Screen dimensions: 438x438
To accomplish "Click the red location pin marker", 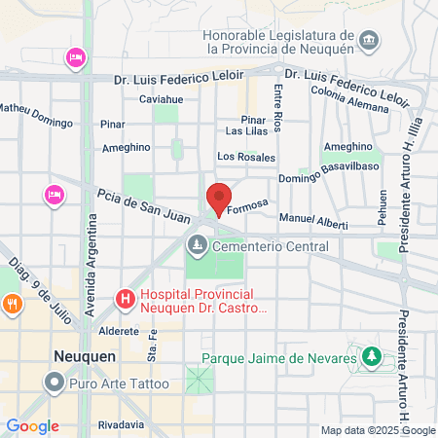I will (x=219, y=198).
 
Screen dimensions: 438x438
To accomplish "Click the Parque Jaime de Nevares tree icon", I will (x=370, y=357).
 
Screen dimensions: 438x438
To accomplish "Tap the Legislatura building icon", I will (x=369, y=41).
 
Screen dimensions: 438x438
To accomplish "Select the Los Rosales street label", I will (x=246, y=157).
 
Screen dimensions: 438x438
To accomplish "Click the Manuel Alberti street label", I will (x=312, y=221).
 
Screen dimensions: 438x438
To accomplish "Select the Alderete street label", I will (x=119, y=331).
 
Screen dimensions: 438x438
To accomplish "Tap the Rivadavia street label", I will (x=122, y=425).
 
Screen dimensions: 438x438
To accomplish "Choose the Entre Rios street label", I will (x=278, y=108).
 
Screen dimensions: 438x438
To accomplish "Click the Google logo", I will (x=32, y=426).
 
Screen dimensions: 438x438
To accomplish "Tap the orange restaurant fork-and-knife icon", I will (x=12, y=303).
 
